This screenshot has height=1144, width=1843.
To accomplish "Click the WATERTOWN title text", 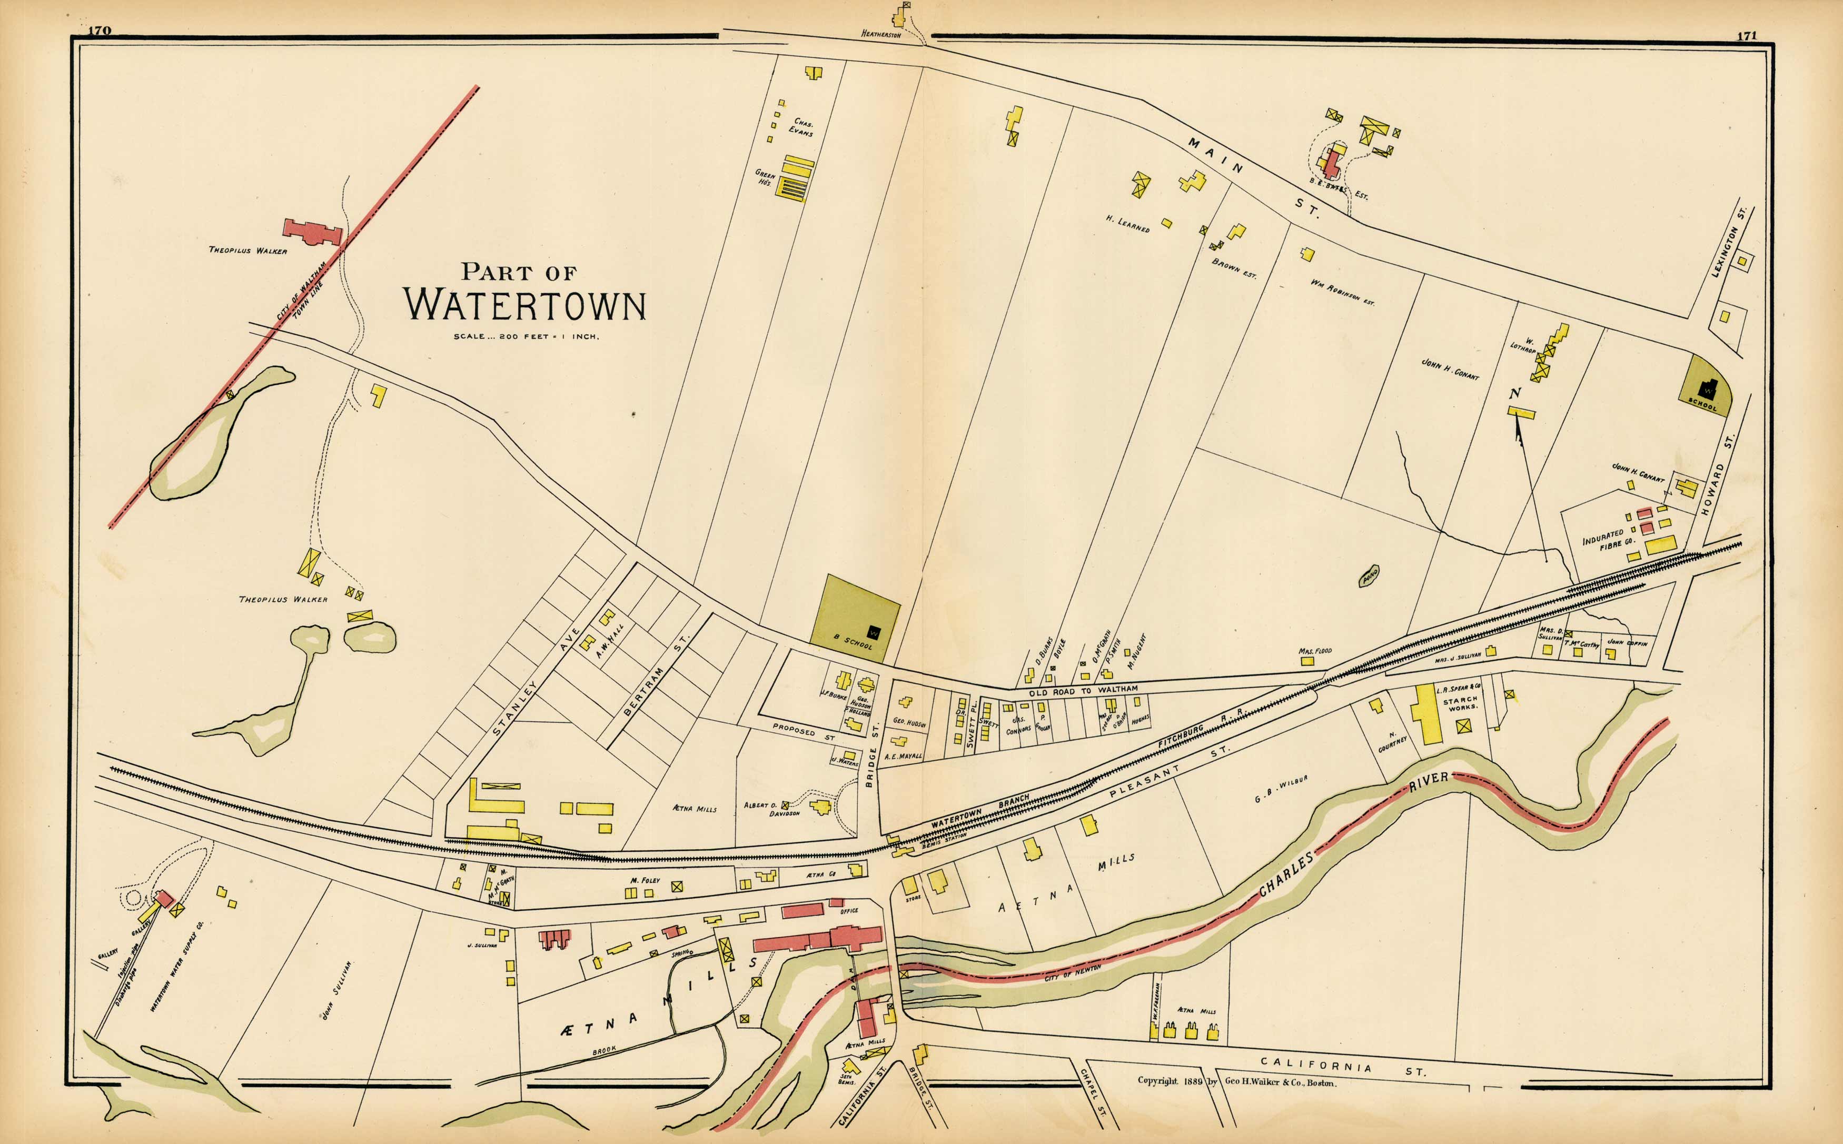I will point(524,305).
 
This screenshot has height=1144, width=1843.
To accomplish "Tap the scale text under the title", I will point(526,337).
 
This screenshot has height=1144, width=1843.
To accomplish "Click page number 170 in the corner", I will point(99,30).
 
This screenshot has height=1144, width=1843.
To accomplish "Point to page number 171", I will point(1746,35).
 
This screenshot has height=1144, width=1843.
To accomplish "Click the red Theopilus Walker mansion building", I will point(312,232).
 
